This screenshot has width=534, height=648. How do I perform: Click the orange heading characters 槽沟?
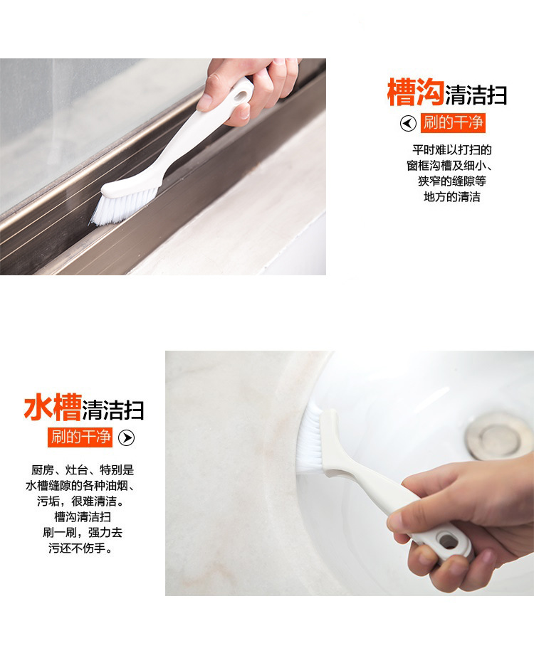(415, 92)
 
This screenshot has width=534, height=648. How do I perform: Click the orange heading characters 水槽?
(53, 407)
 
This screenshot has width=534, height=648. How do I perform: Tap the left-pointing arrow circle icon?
(408, 123)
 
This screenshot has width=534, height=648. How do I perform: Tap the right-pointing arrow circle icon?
(127, 437)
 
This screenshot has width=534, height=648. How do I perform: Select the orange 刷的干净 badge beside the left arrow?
(453, 123)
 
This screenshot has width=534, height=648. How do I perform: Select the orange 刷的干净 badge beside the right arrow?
(80, 437)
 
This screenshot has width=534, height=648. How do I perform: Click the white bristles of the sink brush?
(311, 442)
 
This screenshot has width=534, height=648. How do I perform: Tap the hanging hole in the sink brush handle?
(449, 541)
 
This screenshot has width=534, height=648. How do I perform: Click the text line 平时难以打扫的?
(451, 149)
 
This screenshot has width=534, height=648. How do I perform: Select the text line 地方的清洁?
(451, 197)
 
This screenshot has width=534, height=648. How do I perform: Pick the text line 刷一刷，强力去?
(83, 532)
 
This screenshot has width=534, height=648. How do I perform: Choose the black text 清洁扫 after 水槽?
(113, 410)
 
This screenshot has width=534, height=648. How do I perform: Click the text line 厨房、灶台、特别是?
(83, 470)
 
